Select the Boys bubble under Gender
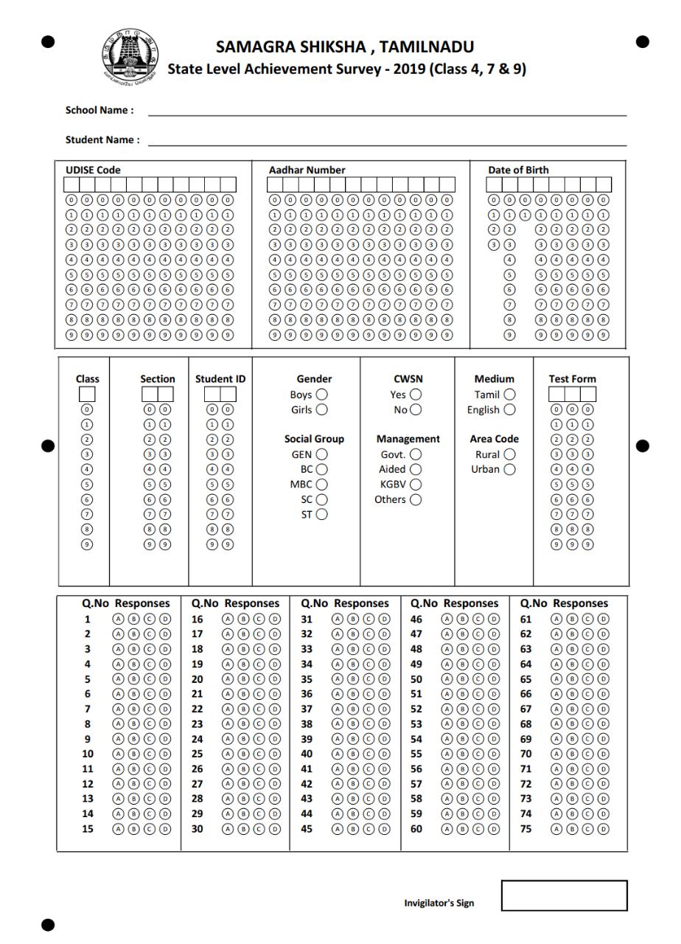(x=321, y=395)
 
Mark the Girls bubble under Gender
(x=321, y=409)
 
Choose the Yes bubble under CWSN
(x=416, y=395)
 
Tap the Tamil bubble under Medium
(x=509, y=395)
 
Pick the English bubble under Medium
(x=509, y=409)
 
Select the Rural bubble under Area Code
(x=509, y=454)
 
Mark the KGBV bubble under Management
(x=416, y=485)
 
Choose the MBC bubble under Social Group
(x=321, y=485)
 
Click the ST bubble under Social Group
(x=321, y=515)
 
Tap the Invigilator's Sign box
(x=564, y=895)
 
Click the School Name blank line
(x=387, y=112)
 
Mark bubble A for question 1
(x=118, y=619)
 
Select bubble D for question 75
(x=604, y=829)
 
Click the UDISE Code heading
(x=93, y=170)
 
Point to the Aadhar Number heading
(x=307, y=170)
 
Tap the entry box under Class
(x=87, y=395)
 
